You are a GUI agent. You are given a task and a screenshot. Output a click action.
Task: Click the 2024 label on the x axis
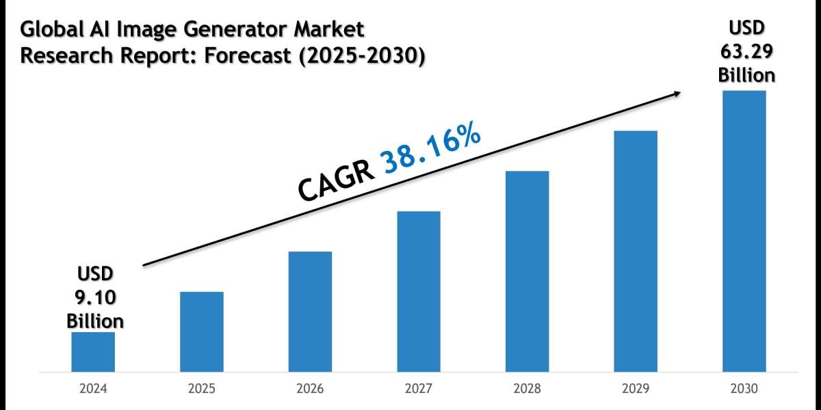click(93, 389)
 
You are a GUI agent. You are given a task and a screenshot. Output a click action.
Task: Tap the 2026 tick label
click(310, 389)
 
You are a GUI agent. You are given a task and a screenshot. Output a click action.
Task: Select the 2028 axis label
click(527, 389)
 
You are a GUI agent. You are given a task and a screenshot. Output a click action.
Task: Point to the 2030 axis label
click(744, 389)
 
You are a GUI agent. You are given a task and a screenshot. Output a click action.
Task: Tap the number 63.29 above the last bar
click(746, 53)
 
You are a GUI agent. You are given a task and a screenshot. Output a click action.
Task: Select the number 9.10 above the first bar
click(95, 299)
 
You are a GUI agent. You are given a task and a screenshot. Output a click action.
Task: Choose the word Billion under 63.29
click(746, 74)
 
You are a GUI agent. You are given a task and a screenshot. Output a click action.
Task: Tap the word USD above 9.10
click(95, 275)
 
